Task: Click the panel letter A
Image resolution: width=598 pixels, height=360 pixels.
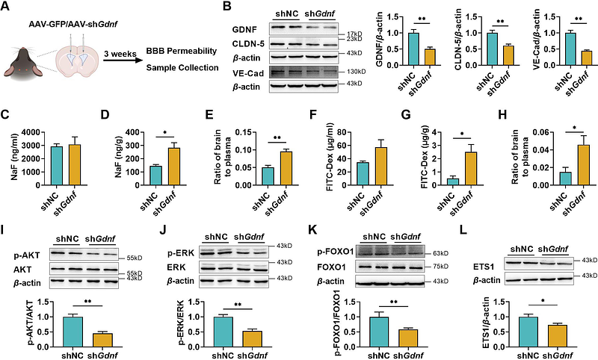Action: [x=7, y=8]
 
